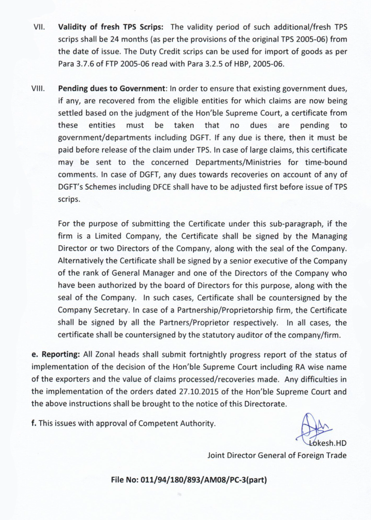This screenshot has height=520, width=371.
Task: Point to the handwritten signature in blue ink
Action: click(x=312, y=426)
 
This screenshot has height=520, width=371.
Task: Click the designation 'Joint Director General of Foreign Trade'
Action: click(x=276, y=455)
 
